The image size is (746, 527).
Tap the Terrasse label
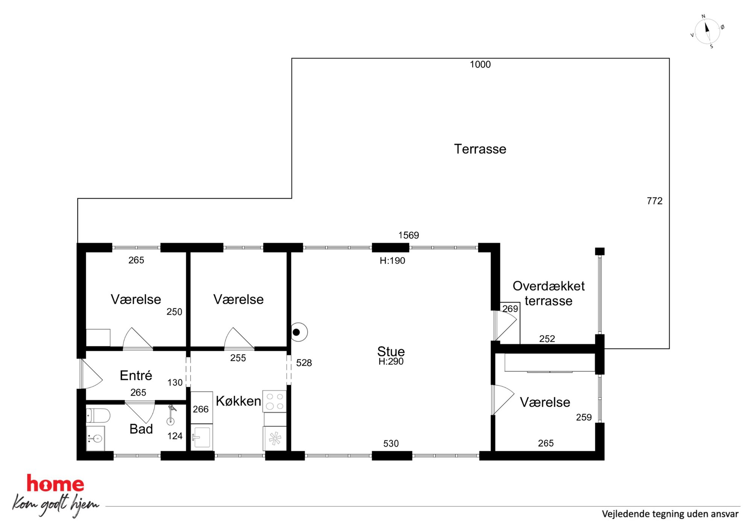[480, 149]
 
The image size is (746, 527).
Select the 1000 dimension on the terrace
[480, 64]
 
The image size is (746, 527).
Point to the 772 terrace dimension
[655, 201]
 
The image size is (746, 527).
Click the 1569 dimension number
[408, 235]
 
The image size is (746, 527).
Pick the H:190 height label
[392, 261]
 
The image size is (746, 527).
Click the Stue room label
[391, 351]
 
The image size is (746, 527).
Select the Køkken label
[238, 401]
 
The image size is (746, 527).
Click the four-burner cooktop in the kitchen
[274, 401]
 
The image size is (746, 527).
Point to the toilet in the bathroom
[98, 416]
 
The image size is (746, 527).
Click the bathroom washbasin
[96, 438]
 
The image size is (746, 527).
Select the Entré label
[136, 375]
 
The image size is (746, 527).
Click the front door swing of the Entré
[91, 374]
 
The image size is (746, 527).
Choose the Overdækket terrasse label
[549, 293]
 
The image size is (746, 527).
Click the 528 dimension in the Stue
[304, 363]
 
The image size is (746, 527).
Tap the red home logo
[55, 483]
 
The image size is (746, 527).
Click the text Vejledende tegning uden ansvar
[670, 514]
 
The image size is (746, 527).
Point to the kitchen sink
[202, 437]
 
